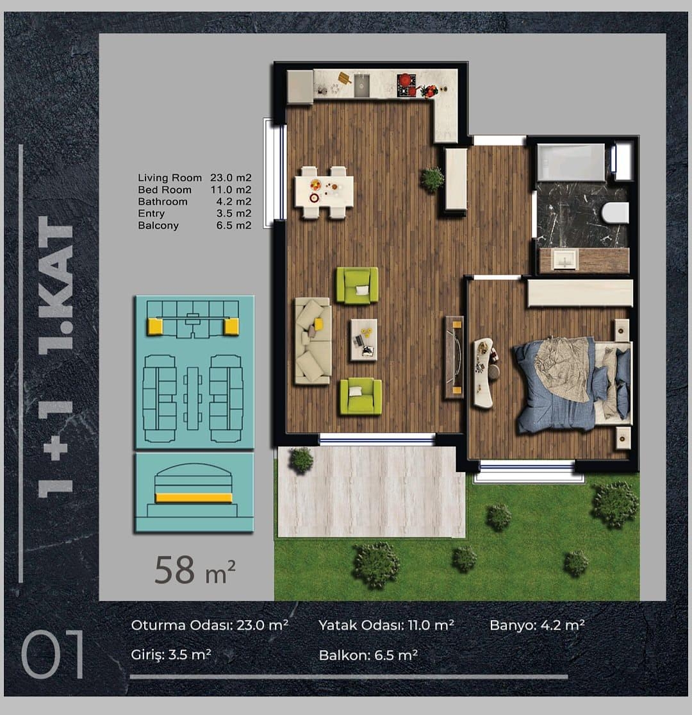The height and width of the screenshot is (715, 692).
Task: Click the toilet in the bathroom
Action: coord(615,212)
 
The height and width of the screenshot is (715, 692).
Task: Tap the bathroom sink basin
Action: coord(565,260)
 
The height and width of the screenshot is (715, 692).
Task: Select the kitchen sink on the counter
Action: coord(362,85)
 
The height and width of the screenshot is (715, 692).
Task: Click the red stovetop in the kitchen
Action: coord(407,85)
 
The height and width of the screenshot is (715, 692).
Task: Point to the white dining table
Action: coord(324,192)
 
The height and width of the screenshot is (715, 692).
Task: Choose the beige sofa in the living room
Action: coord(313,340)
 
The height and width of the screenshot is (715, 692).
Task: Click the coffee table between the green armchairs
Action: coord(363,340)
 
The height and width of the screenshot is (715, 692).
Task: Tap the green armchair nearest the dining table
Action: coord(357,285)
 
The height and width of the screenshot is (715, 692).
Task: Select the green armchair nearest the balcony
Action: coord(361,396)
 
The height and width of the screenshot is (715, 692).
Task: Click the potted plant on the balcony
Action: coord(301,459)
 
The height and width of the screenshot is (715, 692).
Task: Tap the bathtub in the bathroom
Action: coord(571,162)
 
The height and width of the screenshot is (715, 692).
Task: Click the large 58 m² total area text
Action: coord(195,570)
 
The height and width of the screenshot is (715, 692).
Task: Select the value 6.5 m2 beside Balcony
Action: coord(234,225)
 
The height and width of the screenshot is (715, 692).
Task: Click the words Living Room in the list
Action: coord(170,178)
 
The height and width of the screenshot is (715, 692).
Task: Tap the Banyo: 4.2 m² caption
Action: coord(537,625)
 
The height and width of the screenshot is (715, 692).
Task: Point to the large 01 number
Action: coord(53,654)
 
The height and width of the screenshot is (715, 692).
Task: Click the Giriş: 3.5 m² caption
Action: coord(171,655)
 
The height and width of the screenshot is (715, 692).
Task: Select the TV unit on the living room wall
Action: coord(454,358)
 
